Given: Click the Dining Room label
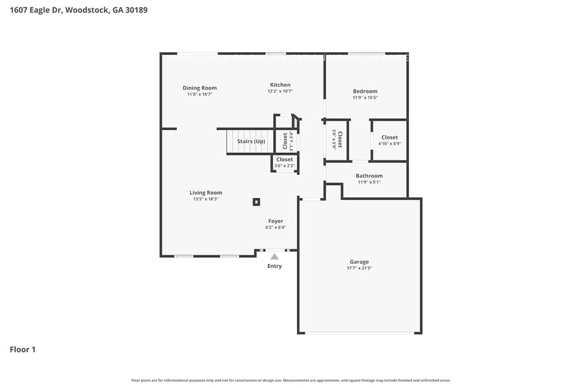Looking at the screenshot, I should click(x=199, y=88).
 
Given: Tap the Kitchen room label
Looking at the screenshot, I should click(x=280, y=84).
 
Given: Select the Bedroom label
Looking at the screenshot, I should click(x=365, y=91).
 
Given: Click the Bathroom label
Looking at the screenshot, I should click(x=369, y=176).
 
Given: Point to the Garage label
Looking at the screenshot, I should click(x=359, y=261).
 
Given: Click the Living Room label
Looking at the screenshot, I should click(x=205, y=193).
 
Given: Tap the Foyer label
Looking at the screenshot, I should click(x=275, y=221).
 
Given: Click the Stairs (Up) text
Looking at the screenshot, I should click(x=251, y=141).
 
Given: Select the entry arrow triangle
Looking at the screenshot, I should click(x=275, y=257).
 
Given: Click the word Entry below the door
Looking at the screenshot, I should click(x=275, y=266).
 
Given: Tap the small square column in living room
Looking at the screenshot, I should click(x=257, y=203).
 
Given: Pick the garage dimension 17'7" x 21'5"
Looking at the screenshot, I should click(x=359, y=269).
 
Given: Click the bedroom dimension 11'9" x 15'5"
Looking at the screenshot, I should click(x=365, y=98).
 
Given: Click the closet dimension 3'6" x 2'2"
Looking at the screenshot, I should click(x=284, y=166).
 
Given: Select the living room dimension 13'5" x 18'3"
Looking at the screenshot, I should click(x=206, y=199).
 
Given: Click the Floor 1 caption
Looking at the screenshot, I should click(x=22, y=349).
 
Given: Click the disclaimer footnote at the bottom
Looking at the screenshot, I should click(x=291, y=380).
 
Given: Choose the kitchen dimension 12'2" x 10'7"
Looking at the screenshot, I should click(x=280, y=92).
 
